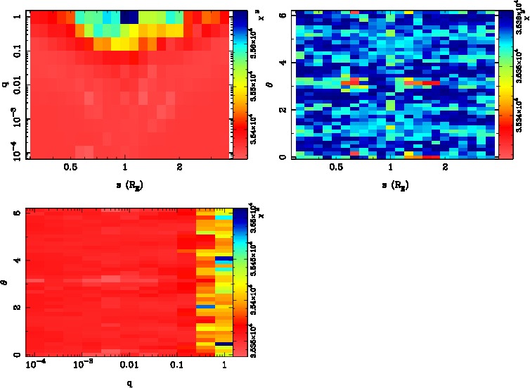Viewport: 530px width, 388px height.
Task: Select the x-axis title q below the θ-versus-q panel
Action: pos(131,384)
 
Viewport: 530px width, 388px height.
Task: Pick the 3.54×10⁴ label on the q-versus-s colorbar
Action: pos(250,126)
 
